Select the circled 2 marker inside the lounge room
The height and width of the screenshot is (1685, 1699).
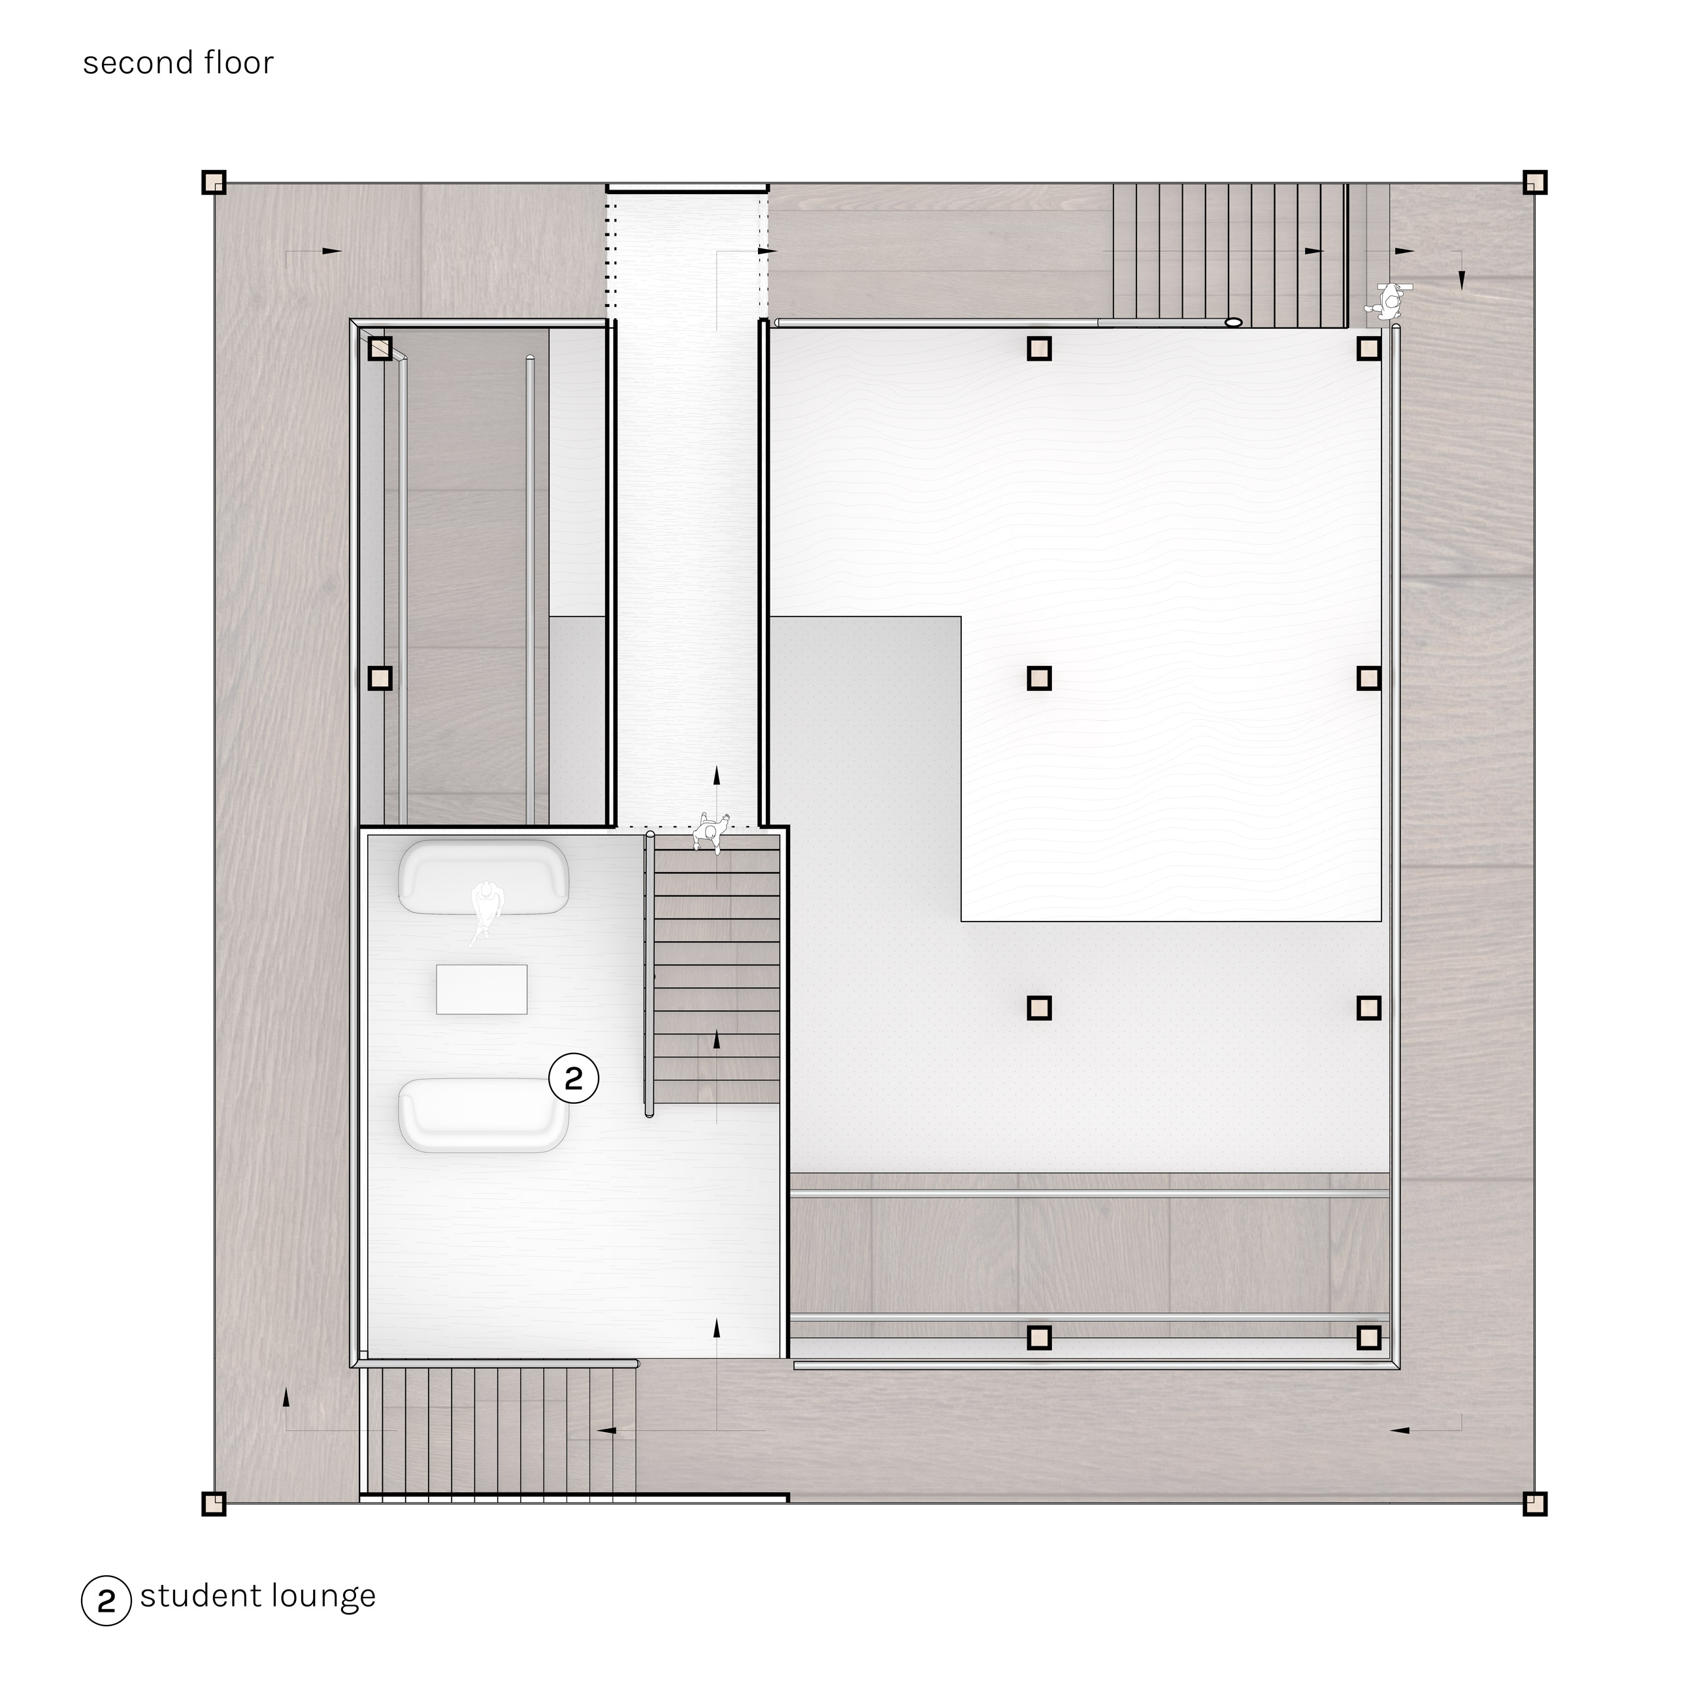(x=573, y=1078)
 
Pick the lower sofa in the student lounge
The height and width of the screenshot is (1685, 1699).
(x=483, y=1114)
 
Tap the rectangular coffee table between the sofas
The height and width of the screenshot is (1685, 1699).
(x=482, y=990)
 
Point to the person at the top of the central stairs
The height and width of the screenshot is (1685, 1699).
(x=710, y=831)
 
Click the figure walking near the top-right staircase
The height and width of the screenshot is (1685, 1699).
(x=1389, y=300)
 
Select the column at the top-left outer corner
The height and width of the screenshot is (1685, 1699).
(x=214, y=183)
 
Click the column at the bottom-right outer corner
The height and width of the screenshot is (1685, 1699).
(x=1534, y=1504)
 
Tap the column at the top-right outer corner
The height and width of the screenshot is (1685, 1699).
(x=1534, y=182)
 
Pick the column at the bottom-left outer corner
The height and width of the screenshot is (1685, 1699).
(x=214, y=1504)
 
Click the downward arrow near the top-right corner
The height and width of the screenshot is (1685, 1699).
(x=1462, y=280)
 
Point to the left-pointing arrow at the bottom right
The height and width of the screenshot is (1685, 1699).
(x=1399, y=1431)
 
